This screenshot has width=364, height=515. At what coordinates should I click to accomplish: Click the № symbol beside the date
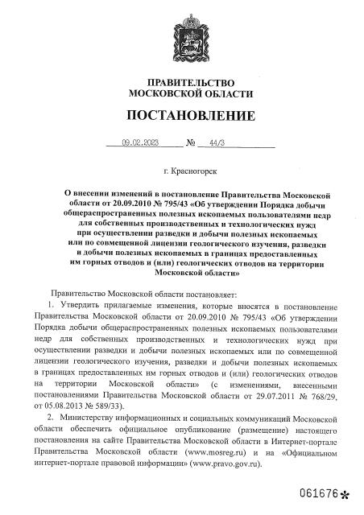coord(192,143)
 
